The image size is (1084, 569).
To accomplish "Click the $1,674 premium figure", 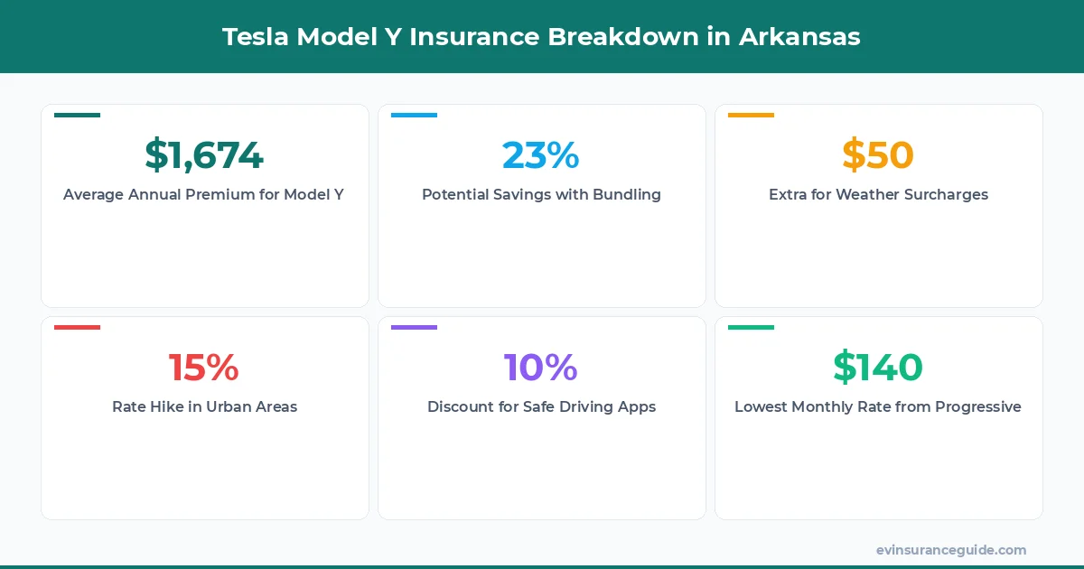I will (204, 155).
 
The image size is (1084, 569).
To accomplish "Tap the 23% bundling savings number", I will (541, 155).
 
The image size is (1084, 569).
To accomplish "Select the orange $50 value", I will (878, 155).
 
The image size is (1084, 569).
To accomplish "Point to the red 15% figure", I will (204, 368).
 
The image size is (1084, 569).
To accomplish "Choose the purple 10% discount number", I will (541, 368).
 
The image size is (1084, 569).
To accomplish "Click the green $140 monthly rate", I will (878, 368).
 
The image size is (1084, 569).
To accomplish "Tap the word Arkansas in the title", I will (799, 37).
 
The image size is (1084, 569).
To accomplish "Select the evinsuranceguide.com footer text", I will (951, 550).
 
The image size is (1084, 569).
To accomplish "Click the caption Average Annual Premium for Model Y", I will (204, 194).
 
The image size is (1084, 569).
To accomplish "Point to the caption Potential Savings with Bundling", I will (541, 194).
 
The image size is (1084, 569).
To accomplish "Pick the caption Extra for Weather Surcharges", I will (878, 194).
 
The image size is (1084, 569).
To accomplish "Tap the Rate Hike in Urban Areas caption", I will (204, 406).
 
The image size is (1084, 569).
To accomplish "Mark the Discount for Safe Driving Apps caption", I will (541, 406).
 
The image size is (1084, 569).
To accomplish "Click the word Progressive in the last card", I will (978, 406).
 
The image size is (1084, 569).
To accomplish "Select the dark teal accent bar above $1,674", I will (77, 115).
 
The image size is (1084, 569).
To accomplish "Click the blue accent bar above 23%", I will (414, 115).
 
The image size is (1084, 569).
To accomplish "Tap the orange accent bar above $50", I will (751, 115).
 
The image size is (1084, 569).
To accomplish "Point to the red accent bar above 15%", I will (77, 327).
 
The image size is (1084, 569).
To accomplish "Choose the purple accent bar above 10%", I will (414, 327).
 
